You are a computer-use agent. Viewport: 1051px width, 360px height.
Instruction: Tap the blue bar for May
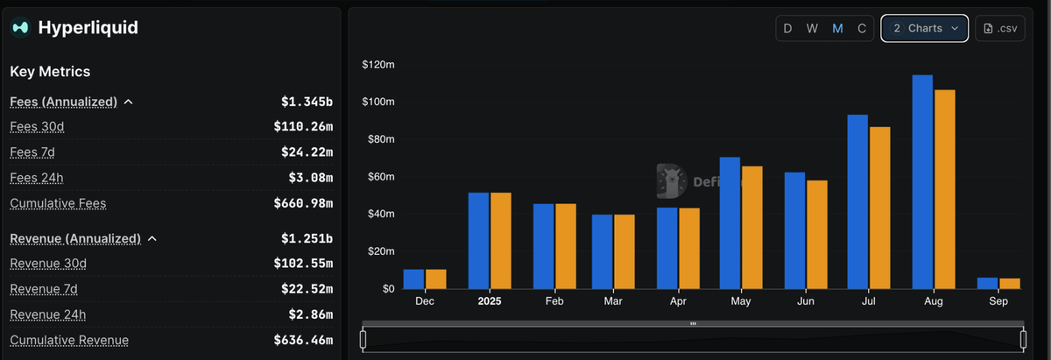pos(730,223)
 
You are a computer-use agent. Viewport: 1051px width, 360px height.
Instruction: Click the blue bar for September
pos(987,283)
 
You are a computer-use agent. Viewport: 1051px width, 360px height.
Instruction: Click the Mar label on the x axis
pos(613,301)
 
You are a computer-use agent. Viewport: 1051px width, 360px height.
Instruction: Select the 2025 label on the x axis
pos(490,301)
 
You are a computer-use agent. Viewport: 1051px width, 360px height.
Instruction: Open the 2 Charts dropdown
pos(925,28)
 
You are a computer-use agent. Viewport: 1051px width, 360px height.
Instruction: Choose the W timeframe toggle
pos(813,28)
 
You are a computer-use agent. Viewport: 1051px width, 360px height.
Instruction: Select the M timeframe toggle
pos(837,28)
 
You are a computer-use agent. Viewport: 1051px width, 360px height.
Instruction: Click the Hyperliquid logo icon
pos(20,28)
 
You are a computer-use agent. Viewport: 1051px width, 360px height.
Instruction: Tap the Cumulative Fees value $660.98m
pos(303,204)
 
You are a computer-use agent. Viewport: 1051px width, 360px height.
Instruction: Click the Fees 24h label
pos(37,178)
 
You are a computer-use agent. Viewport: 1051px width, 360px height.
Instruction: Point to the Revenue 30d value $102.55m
pos(303,264)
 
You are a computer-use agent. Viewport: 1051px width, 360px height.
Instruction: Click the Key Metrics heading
pos(50,72)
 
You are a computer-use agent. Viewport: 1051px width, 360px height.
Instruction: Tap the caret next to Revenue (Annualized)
pos(152,239)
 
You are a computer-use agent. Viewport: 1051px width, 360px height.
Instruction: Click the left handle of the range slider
pos(363,338)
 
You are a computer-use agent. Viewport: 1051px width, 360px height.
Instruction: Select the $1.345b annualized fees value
pos(307,102)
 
